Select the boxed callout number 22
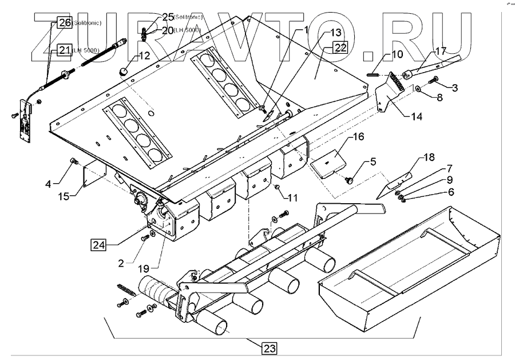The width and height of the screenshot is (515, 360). coord(339,48)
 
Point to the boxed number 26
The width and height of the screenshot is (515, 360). coord(64,23)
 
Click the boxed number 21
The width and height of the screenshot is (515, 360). coord(64,50)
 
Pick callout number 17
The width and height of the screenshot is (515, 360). coord(439,51)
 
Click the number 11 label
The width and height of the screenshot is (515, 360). coord(292,198)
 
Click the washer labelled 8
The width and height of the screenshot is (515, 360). coord(419,89)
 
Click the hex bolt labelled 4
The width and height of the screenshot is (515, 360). coord(74,161)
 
